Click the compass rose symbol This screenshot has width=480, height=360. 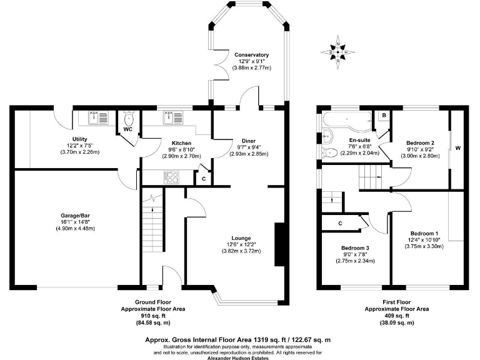(338, 52)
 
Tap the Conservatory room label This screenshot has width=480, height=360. (252, 55)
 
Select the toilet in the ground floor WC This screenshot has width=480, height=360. (129, 118)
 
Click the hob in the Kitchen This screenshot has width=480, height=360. (172, 177)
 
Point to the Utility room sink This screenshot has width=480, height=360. (99, 118)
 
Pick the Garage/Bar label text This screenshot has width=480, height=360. (75, 216)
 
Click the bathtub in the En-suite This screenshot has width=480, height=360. (347, 119)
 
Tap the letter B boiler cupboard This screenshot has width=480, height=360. (384, 116)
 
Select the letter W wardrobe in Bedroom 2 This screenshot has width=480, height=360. (457, 149)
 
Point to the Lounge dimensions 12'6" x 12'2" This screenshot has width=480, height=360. (241, 244)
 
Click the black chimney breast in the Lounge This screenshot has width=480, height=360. (280, 244)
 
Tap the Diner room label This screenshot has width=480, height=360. (249, 141)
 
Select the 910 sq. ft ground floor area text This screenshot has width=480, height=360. (152, 316)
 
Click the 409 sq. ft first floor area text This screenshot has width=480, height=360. (397, 316)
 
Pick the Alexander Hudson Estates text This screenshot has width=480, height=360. (238, 358)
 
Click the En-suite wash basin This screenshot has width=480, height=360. (327, 136)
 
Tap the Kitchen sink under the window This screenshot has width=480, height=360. (173, 118)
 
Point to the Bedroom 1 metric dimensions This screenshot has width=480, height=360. (424, 246)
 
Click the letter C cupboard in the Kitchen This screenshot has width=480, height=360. (204, 179)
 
